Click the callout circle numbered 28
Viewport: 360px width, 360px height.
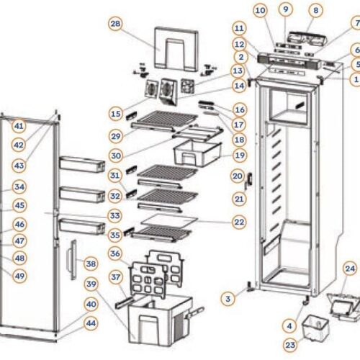[x=115, y=24]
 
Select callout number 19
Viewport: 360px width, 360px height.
[x=239, y=155]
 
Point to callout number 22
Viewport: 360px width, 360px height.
[x=239, y=222]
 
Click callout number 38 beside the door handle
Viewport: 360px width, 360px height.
[x=91, y=264]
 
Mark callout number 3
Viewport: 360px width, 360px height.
[x=228, y=297]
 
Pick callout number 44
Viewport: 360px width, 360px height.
[x=91, y=324]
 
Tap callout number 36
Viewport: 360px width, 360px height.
[x=115, y=253]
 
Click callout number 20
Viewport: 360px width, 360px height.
[x=238, y=176]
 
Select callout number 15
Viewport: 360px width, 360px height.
[x=115, y=113]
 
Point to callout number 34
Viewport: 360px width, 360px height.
[x=19, y=187]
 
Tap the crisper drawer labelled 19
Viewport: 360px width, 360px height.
[x=194, y=153]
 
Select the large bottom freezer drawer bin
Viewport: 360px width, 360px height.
[x=153, y=321]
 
